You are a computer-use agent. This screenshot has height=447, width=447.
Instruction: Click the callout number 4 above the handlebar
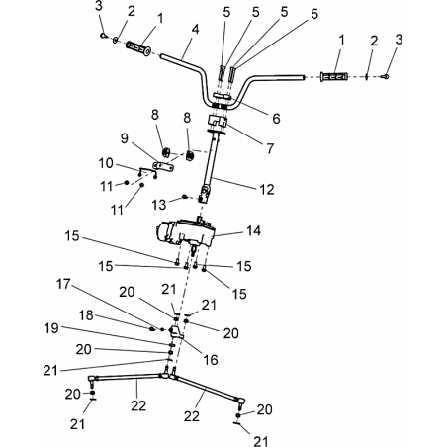[x=195, y=29]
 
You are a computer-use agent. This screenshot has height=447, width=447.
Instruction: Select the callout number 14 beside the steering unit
[x=253, y=230]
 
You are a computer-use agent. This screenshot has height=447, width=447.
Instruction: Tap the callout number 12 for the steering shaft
[x=267, y=189]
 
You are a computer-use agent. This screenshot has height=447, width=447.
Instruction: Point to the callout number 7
[x=270, y=148]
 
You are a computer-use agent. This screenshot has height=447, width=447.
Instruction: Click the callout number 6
[x=276, y=118]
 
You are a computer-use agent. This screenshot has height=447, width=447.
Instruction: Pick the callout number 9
[x=124, y=138]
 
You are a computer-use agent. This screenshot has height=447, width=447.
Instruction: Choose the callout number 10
[x=106, y=163]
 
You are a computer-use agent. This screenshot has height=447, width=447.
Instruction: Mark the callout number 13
[x=158, y=205]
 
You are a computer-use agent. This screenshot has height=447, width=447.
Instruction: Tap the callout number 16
[x=211, y=360]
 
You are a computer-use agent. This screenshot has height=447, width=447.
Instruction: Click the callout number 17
[x=63, y=284]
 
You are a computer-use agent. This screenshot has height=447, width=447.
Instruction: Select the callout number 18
[x=86, y=315]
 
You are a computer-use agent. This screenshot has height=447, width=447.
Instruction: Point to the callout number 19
[x=51, y=328]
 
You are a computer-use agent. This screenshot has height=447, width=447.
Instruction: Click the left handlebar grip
[x=138, y=48]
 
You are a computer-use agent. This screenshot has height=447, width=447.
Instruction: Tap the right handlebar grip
[x=334, y=77]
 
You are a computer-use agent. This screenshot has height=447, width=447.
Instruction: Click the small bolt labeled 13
[x=185, y=197]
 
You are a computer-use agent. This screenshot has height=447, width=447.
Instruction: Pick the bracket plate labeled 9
[x=164, y=166]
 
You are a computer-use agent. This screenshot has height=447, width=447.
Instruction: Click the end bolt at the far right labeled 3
[x=385, y=77]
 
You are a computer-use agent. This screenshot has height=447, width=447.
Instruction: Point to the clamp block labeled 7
[x=217, y=122]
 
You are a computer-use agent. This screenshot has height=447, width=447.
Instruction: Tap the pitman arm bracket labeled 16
[x=176, y=332]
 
